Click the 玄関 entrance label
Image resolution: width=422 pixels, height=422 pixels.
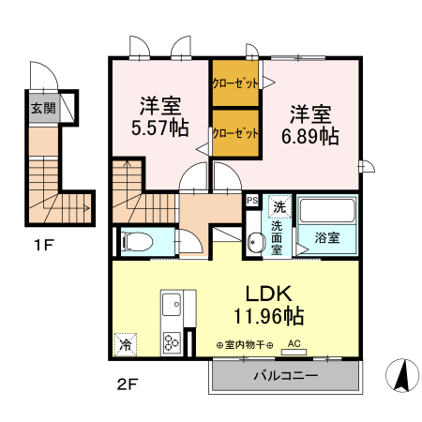[x=42, y=108]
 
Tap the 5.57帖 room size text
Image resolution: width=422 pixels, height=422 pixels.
[x=161, y=128]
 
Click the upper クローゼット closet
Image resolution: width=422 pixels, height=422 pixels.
[x=234, y=83]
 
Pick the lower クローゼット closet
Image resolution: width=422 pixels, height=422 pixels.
[x=234, y=133]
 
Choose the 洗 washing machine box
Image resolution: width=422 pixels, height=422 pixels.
[x=279, y=205]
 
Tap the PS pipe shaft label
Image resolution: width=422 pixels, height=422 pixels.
[x=251, y=200]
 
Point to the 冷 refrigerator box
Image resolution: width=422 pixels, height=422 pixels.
[x=125, y=345]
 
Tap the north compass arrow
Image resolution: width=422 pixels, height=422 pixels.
[x=402, y=376]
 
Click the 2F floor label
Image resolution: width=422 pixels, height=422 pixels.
[x=127, y=384]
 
